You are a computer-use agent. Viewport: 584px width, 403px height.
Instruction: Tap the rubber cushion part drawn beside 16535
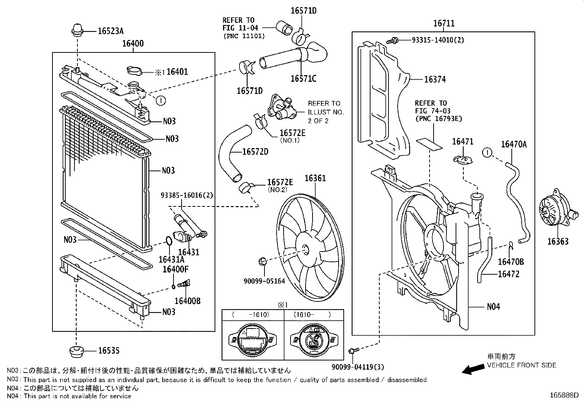(x=77, y=352)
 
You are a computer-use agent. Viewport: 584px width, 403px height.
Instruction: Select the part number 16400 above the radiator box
(x=133, y=44)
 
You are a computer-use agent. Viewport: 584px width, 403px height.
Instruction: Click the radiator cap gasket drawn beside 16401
(x=135, y=71)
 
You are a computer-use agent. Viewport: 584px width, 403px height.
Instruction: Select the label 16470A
(x=514, y=144)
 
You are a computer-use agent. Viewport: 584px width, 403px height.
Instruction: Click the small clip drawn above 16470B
(x=511, y=244)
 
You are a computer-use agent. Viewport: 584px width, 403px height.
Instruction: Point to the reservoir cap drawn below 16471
(x=462, y=160)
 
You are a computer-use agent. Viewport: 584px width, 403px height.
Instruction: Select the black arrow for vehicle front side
(x=472, y=369)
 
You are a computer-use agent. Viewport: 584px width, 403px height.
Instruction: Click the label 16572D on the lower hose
(x=255, y=151)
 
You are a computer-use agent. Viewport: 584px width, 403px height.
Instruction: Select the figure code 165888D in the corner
(x=564, y=395)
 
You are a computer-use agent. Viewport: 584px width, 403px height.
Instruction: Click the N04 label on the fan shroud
(x=493, y=306)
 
